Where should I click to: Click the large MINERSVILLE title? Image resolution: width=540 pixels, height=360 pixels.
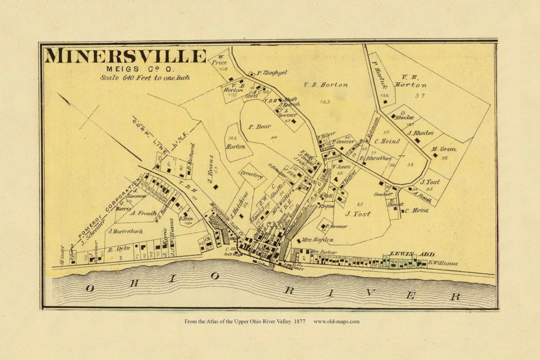pos(125,56)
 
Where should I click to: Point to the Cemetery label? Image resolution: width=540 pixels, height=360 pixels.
pos(252,175)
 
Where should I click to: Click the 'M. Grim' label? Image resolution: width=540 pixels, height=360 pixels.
pos(444,149)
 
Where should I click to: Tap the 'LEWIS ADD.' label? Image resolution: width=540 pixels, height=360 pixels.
pos(413,254)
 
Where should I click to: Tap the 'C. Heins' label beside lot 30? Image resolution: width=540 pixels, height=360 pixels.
pos(387,141)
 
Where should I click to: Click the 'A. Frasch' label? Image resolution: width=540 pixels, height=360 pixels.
pos(143,213)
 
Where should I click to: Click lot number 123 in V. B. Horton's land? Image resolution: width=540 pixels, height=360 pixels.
pos(325,102)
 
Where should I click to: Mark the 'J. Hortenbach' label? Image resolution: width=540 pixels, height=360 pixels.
pos(125,232)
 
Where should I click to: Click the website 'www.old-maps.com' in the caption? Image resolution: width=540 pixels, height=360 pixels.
pos(336,321)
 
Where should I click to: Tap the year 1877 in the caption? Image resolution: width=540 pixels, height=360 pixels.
pos(299,321)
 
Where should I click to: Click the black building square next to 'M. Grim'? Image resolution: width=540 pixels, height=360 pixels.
pos(435,155)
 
